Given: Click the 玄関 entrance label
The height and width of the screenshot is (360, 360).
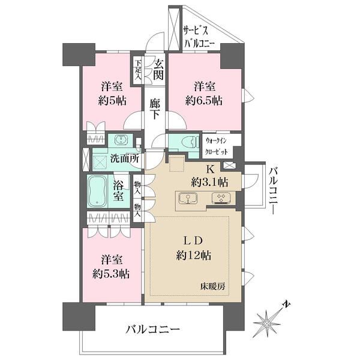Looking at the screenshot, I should click(x=158, y=69).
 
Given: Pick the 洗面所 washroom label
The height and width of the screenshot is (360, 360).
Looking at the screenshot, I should click(x=125, y=159).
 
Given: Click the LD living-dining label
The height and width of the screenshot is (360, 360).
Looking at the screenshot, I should click(x=192, y=240).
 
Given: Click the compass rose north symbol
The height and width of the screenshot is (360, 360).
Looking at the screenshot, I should click(x=270, y=322).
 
